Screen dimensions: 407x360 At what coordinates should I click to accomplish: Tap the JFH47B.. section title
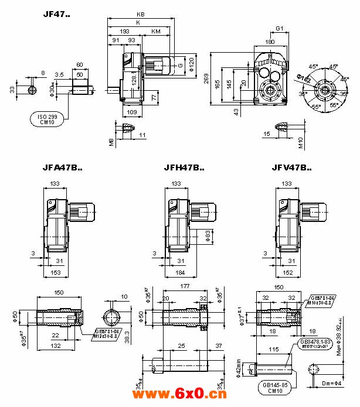coord(184,167)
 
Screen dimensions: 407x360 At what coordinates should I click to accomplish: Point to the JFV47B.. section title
coord(291,167)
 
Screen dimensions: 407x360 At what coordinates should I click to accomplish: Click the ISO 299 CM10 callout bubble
coord(46,119)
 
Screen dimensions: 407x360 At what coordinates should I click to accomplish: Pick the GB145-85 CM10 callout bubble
coord(274,387)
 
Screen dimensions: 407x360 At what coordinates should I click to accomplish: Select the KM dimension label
coord(156,30)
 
